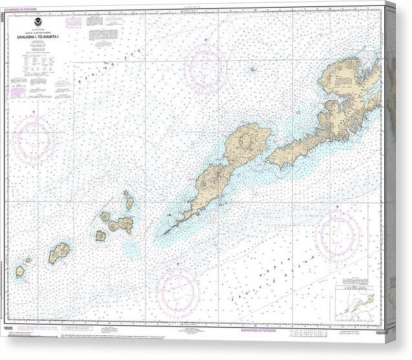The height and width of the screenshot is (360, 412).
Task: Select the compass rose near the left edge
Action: [x=32, y=138]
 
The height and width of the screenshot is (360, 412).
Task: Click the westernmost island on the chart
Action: [x=20, y=271]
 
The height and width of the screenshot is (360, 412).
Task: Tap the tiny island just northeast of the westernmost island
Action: [x=28, y=260]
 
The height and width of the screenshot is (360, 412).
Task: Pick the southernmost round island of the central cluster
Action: [x=100, y=236]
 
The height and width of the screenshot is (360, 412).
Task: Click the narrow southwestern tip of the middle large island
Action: [x=167, y=231]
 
